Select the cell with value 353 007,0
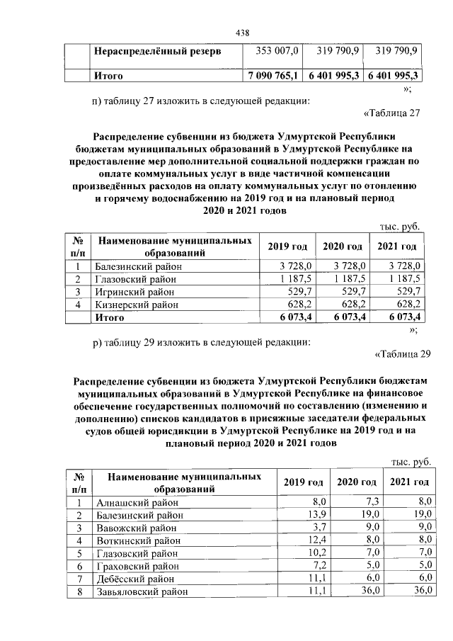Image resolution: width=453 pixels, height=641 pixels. (276, 51)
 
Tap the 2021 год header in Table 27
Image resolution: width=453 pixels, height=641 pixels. (396, 246)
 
